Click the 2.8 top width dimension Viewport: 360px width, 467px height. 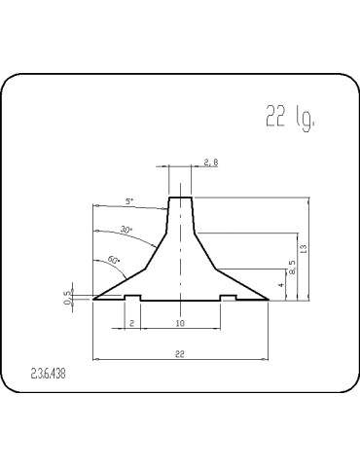coord(210,163)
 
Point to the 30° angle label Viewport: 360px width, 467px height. coord(126,230)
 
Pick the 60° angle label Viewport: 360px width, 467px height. coord(113,261)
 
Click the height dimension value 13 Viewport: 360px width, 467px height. coord(305,249)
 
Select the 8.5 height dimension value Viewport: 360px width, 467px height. coord(290,263)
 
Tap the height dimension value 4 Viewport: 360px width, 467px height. coord(280,285)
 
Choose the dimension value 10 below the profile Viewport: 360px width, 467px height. coord(180,323)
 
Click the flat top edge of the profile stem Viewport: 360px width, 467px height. coord(180,198)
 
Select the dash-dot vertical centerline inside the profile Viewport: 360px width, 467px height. coord(180,253)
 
